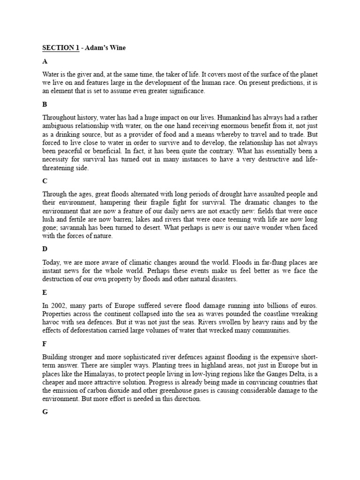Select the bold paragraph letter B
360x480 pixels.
[45, 105]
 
